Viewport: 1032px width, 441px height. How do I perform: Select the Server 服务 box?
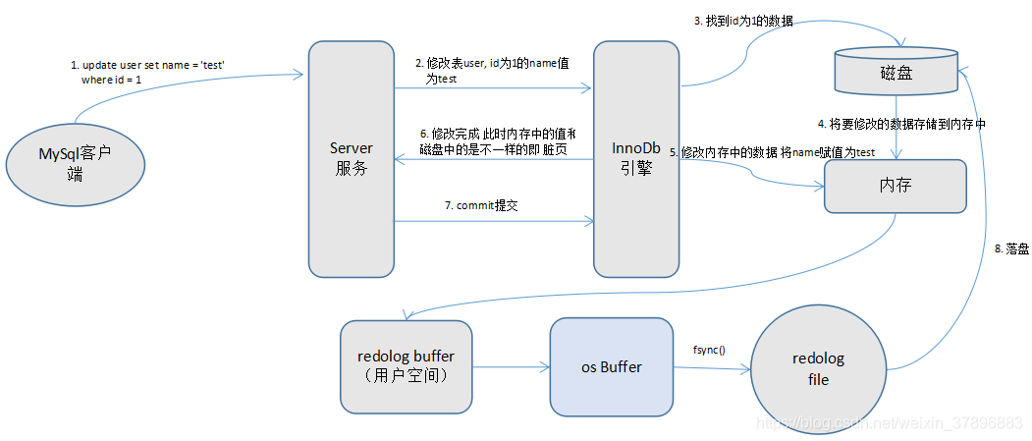point(351,157)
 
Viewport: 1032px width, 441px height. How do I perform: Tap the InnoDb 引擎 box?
point(637,157)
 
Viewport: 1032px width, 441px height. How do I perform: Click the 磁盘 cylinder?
point(895,70)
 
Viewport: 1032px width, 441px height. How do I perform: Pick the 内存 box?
point(895,186)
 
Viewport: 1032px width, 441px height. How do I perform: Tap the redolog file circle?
point(817,369)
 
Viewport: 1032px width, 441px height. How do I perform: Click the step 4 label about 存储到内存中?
point(901,124)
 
